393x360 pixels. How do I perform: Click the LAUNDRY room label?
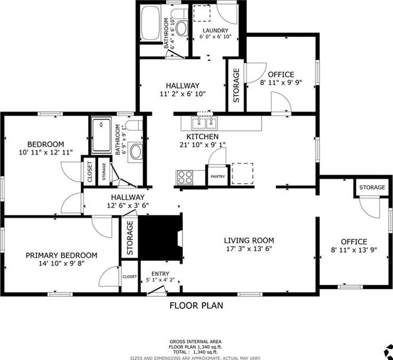[215, 30]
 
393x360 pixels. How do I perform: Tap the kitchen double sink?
[205, 123]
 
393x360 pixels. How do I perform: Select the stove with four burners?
[184, 177]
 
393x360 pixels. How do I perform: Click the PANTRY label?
[218, 176]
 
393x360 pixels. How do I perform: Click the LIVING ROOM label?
[249, 240]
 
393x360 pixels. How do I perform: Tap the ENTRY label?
[160, 273]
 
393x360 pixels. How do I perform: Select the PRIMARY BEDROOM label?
[61, 255]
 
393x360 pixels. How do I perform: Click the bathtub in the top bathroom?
[150, 24]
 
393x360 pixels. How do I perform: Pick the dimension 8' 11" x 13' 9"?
[354, 250]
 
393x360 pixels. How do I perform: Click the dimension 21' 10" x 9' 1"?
[203, 145]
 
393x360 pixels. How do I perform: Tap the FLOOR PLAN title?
[196, 306]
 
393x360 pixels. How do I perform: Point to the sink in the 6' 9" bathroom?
[136, 152]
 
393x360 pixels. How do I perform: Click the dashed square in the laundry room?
[202, 13]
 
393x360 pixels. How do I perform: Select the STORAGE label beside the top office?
[236, 85]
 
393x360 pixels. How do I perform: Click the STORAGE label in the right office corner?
[372, 187]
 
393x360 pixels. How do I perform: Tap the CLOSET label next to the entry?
[129, 277]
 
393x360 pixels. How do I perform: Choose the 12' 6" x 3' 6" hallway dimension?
[128, 206]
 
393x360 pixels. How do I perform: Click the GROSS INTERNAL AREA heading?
[196, 341]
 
